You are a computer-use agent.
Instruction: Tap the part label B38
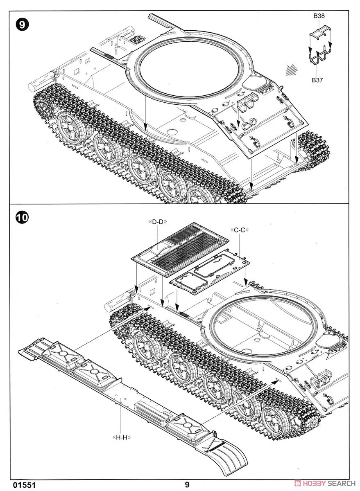(319, 16)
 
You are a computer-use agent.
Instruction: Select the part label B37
(317, 80)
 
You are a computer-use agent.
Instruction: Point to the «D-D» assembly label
(158, 222)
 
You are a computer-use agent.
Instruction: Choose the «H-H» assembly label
(121, 437)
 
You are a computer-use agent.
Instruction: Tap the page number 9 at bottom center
(187, 484)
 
